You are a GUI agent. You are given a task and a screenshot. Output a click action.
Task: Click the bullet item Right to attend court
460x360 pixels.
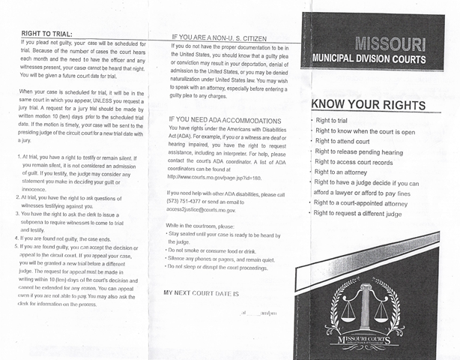coord(348,141)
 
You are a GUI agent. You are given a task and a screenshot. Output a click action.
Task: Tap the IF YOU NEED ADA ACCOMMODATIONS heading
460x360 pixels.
coord(225,120)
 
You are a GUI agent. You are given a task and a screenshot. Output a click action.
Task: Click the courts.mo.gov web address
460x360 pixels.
coord(214,177)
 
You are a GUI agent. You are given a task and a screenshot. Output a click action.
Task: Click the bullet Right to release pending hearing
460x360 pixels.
coord(359,151)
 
